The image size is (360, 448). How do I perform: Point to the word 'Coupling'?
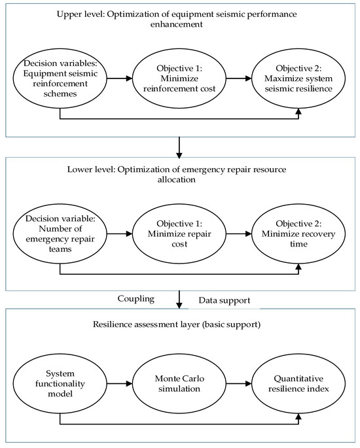coord(136,299)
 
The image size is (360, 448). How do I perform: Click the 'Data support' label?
coord(225,300)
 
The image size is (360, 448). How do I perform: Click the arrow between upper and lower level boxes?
coord(179,148)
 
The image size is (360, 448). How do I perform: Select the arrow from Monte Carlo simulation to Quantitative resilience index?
coord(239,383)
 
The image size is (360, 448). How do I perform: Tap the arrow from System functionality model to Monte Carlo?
coord(120,383)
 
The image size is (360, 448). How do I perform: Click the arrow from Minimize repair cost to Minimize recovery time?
coord(239,233)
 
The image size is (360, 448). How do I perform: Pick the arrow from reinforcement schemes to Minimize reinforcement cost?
coord(120,78)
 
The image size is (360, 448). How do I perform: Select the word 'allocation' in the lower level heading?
coord(177,179)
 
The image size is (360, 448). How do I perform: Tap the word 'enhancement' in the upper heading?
coord(177,24)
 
